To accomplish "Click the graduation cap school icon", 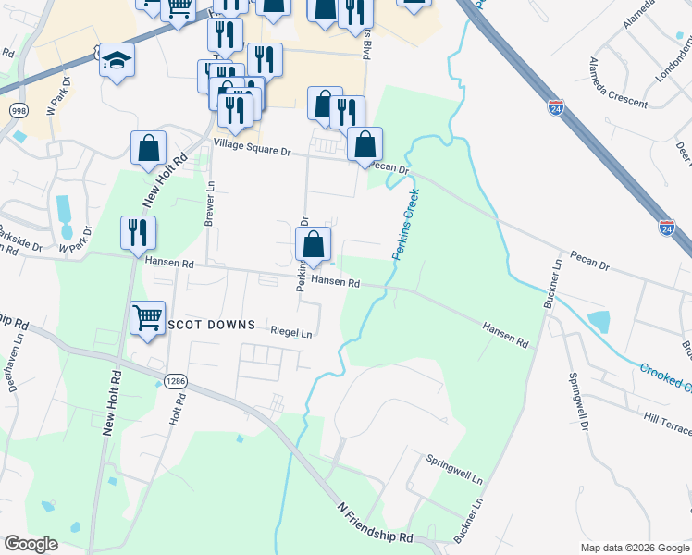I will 117,60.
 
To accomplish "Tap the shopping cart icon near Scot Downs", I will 148,318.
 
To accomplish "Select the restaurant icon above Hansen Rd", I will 138,232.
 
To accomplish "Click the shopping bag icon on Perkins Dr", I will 314,244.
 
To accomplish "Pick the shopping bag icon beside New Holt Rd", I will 148,148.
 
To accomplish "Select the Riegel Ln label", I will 290,331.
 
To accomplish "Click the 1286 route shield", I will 177,380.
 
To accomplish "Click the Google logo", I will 31,543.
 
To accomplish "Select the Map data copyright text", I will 635,548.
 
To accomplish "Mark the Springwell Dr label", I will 578,401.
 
